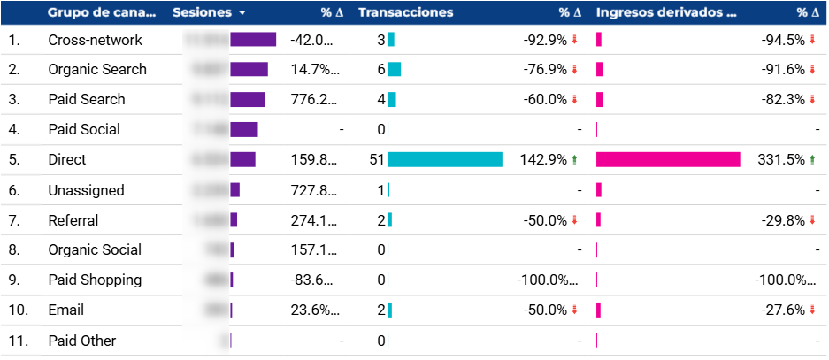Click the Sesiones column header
pos(202,13)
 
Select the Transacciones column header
pos(406,13)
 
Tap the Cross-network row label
pos(95,40)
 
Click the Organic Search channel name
pos(97,70)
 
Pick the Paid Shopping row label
pos(95,280)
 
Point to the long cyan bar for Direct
pos(445,159)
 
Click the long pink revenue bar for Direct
pos(668,159)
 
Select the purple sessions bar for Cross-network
pos(253,40)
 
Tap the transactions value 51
pos(378,160)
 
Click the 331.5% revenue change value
pos(783,160)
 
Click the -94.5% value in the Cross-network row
pos(782,40)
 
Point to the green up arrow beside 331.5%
pos(812,160)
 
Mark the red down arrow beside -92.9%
pos(574,40)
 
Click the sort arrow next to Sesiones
pos(242,14)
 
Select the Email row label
pos(66,310)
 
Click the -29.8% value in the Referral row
pos(782,220)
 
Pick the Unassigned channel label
pos(86,190)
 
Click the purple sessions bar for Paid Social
pos(244,130)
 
